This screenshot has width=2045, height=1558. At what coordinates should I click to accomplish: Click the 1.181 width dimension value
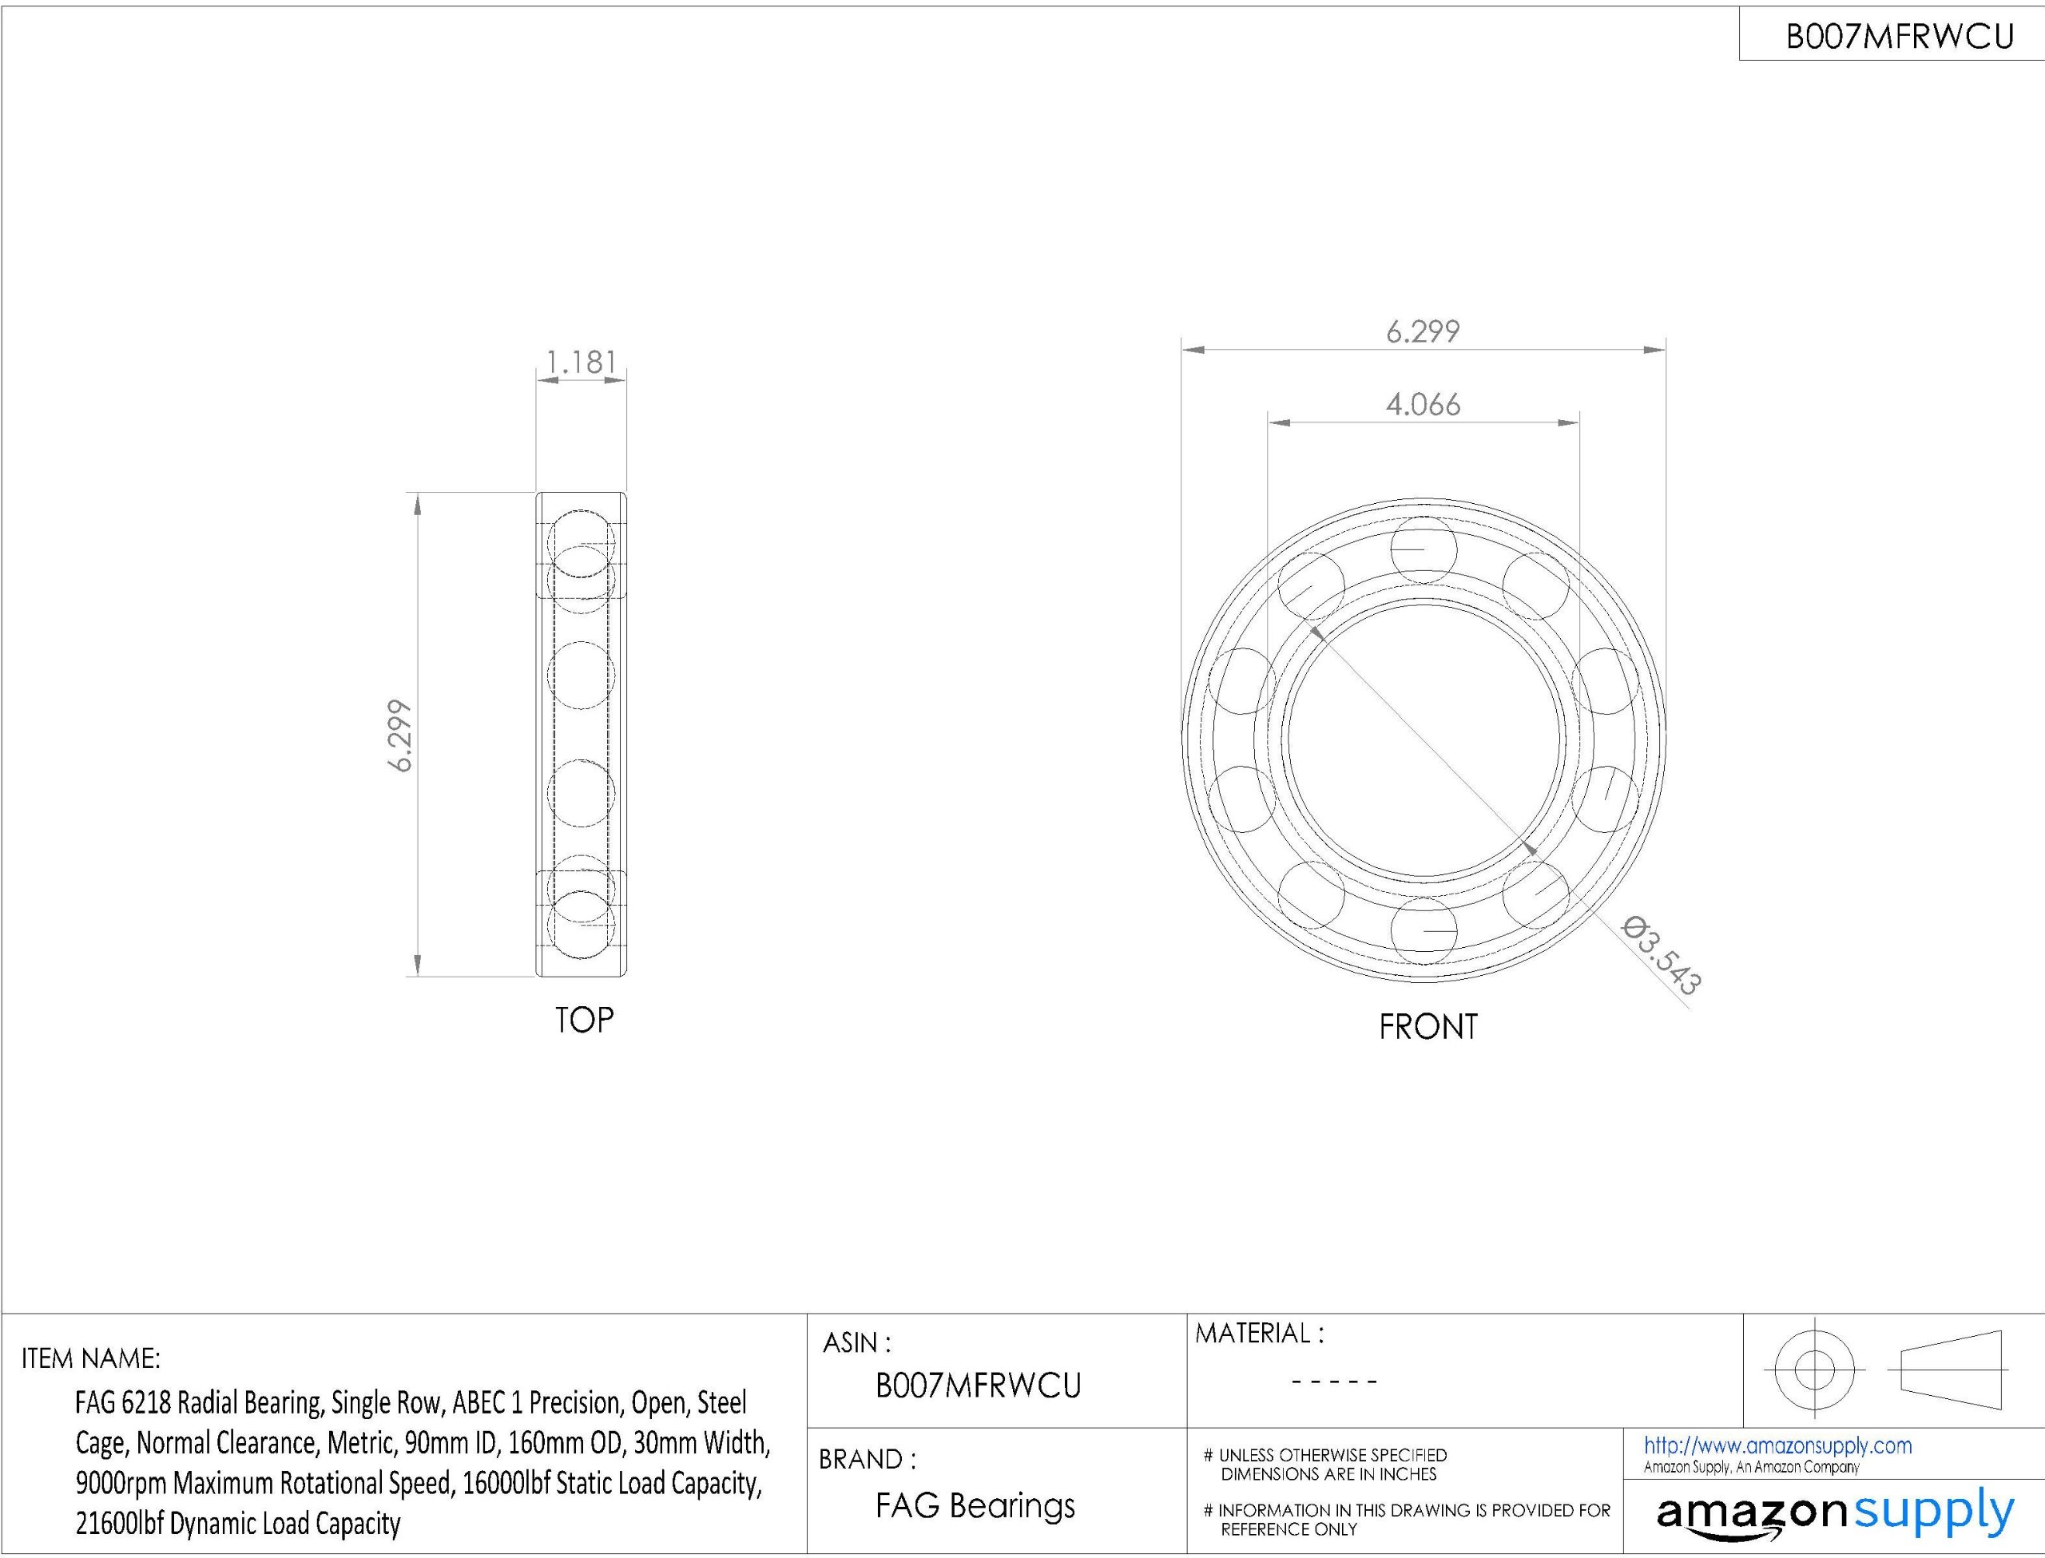click(x=582, y=362)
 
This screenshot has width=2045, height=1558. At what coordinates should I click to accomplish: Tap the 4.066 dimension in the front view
click(x=1423, y=404)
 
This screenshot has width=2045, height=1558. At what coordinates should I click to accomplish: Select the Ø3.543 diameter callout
click(x=1661, y=955)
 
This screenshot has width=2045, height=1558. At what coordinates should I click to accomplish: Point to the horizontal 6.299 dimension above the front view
click(x=1423, y=331)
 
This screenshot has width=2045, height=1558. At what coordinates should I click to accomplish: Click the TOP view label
click(x=584, y=1020)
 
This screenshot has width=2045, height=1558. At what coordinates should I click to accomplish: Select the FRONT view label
click(x=1428, y=1027)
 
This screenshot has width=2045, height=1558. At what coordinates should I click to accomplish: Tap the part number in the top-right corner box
click(x=1900, y=36)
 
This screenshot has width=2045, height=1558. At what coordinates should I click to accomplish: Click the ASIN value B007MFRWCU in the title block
click(x=979, y=1386)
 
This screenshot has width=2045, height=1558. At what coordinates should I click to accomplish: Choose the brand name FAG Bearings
click(x=975, y=1505)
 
